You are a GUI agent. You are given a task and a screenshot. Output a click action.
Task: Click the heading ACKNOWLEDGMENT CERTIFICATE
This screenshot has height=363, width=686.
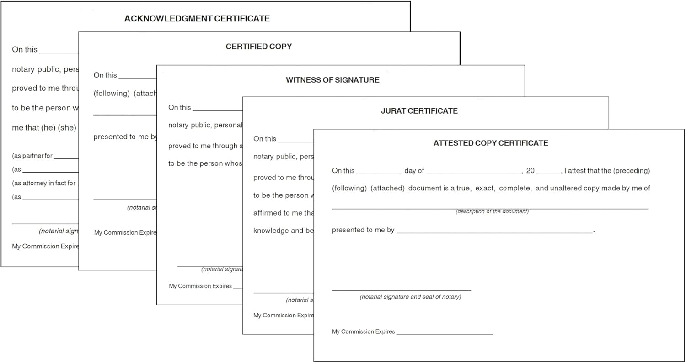(197, 19)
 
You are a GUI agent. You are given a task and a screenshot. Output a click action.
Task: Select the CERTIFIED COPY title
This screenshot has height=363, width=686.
(258, 47)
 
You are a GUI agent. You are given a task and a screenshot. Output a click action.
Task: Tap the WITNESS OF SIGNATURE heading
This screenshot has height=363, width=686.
(332, 80)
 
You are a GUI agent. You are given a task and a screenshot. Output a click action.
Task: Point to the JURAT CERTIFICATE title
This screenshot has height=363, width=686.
(419, 111)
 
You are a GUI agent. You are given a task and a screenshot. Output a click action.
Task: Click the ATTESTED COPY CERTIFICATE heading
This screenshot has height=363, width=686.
(491, 143)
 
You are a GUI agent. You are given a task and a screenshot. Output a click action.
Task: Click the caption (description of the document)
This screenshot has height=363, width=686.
(492, 211)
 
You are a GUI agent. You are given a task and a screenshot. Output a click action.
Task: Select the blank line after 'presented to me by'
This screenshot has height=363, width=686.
(494, 232)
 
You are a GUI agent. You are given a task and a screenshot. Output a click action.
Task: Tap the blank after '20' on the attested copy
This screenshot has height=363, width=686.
(548, 173)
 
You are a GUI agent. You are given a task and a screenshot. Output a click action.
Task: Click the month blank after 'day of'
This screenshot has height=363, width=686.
(473, 173)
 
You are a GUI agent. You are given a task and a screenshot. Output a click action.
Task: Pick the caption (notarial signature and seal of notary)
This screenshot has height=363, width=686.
(410, 297)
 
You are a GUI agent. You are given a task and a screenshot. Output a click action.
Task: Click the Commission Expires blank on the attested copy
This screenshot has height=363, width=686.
(444, 333)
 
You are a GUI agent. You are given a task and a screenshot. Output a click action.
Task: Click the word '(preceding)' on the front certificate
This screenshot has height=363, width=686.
(632, 171)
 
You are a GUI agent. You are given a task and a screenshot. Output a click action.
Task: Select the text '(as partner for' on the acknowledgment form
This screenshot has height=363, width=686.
(32, 156)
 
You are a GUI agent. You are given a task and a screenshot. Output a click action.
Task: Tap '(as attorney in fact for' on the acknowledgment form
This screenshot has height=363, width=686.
(44, 183)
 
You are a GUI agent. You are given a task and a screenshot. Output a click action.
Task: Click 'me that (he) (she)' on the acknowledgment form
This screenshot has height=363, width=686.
(44, 128)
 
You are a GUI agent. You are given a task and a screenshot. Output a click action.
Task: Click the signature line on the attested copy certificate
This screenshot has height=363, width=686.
(401, 289)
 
